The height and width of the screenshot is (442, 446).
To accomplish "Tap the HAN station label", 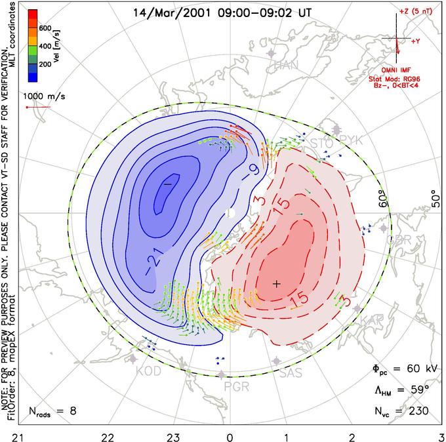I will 286,65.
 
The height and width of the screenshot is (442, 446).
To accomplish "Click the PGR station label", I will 236,386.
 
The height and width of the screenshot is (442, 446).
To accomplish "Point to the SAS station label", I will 291,373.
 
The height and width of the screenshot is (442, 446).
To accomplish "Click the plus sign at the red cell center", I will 277,283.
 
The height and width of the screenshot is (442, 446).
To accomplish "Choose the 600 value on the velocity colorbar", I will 45,28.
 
